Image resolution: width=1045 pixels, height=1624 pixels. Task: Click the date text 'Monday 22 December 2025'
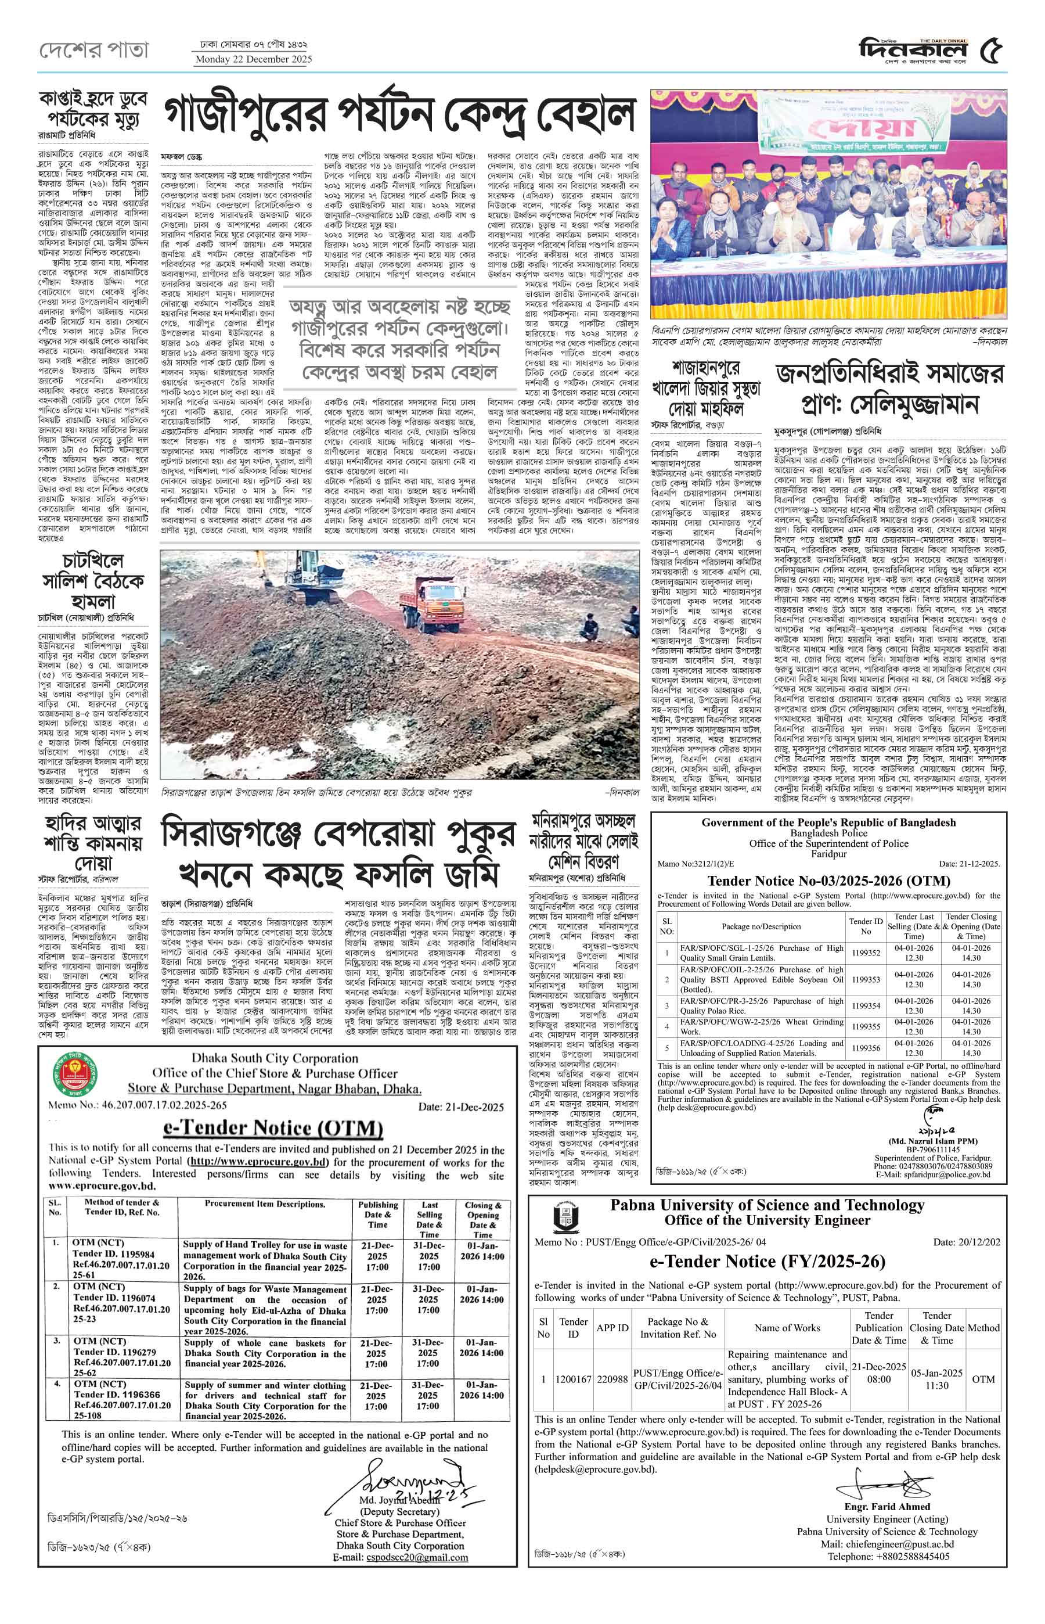[254, 59]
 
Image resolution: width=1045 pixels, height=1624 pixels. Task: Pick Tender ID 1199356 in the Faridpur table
[866, 1048]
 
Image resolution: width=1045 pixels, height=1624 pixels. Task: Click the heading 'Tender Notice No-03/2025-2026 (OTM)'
[828, 881]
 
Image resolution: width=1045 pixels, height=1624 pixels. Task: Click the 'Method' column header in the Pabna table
[983, 1327]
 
